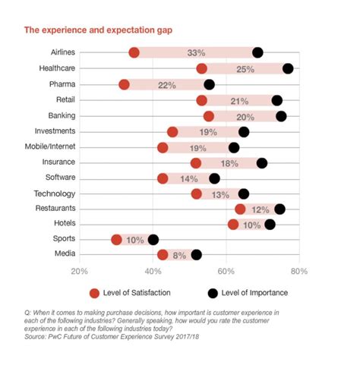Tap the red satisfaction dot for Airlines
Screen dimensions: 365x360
(x=134, y=52)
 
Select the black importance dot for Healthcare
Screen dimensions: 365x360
(x=288, y=69)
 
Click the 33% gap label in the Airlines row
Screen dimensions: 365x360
(x=196, y=53)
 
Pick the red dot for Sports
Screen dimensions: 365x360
(x=116, y=240)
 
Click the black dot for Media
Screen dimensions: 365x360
(x=196, y=255)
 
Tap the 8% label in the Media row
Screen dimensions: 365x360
(x=179, y=256)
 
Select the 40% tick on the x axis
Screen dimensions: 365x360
(x=152, y=272)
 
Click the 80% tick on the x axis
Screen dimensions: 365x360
(x=298, y=272)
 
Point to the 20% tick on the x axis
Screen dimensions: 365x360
(x=79, y=272)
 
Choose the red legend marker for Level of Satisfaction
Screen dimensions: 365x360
(x=95, y=292)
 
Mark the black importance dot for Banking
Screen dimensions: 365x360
(x=281, y=116)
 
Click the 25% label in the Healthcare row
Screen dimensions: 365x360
(x=245, y=69)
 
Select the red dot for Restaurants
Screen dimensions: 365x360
(x=240, y=209)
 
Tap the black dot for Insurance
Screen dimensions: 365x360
(x=262, y=162)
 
